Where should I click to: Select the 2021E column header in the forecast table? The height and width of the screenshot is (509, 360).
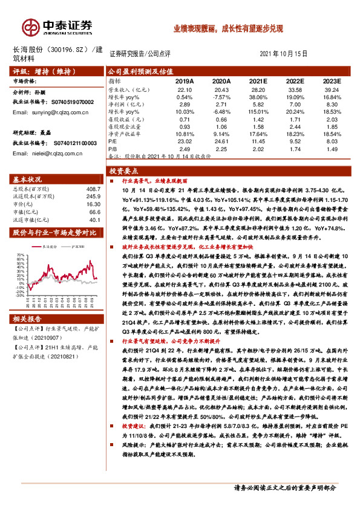[x=258, y=80]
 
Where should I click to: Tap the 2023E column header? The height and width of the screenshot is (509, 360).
[x=331, y=80]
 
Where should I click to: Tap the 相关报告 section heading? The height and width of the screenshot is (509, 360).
[x=28, y=302]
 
